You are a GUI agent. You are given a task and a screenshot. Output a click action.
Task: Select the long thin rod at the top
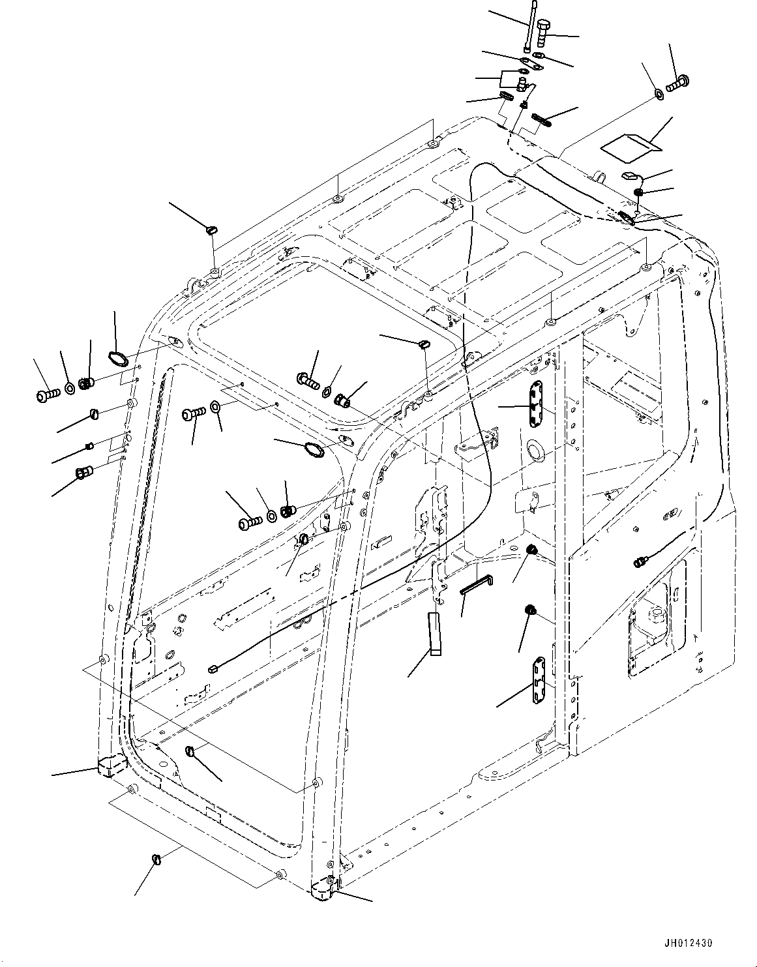coord(531,26)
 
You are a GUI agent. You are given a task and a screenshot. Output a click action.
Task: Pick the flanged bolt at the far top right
coord(679,83)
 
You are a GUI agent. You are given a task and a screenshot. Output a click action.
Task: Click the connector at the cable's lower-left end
coord(213,668)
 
